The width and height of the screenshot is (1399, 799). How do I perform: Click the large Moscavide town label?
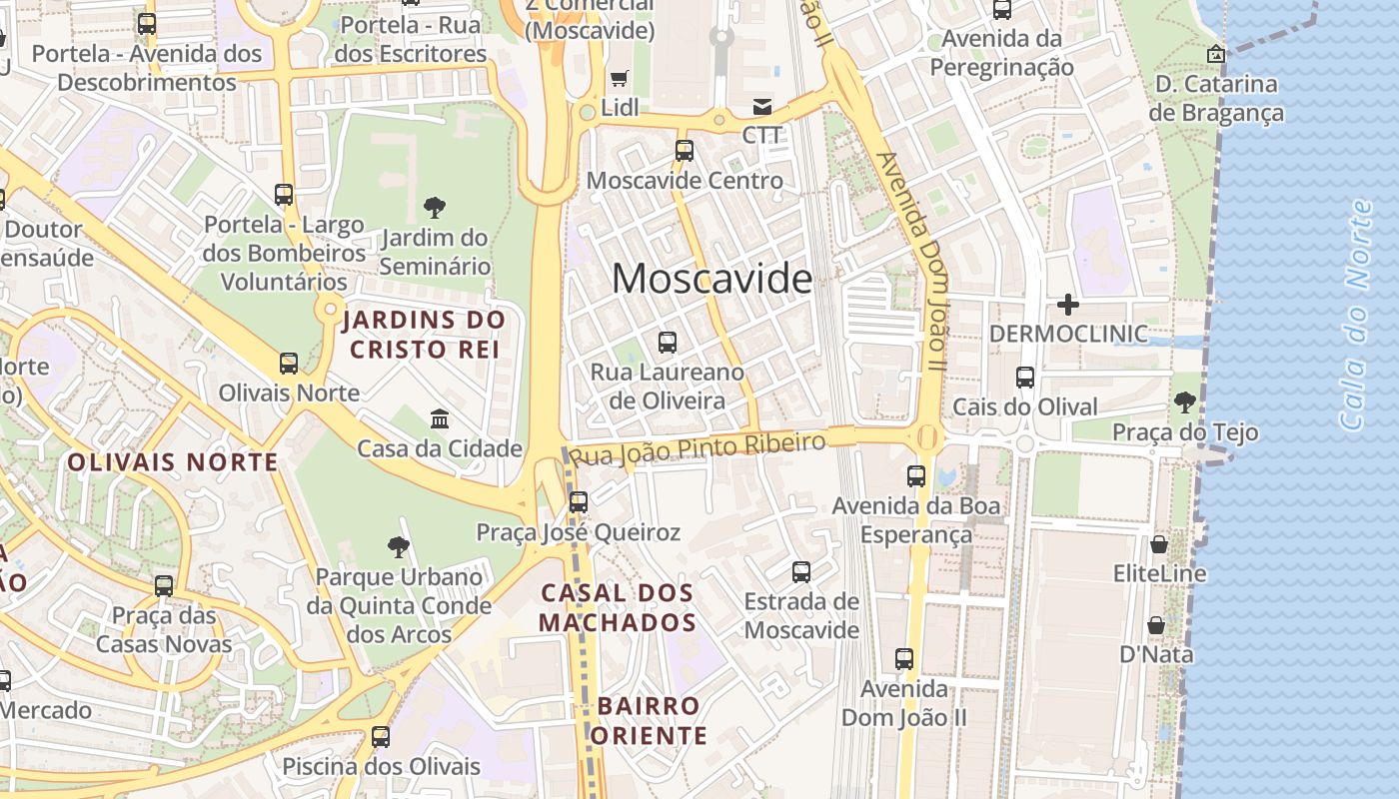[711, 279]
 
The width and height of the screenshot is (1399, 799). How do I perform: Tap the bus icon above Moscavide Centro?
[685, 151]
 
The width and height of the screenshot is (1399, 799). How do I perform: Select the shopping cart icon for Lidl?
[620, 78]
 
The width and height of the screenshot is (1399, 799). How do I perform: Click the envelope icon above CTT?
[762, 107]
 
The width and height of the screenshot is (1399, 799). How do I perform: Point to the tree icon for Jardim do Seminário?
[434, 208]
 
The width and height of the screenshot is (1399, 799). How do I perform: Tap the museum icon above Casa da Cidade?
[440, 418]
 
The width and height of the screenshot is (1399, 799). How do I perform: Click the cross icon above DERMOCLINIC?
[1068, 304]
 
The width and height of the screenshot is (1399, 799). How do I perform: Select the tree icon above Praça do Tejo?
[1185, 402]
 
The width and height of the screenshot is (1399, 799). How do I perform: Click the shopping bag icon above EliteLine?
[1159, 544]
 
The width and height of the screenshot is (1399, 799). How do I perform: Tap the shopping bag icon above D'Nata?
[1156, 625]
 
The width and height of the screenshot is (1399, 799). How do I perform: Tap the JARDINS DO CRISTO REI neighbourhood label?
[424, 335]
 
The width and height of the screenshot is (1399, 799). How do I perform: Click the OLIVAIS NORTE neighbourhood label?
[173, 462]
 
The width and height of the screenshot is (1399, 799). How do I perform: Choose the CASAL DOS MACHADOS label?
[618, 607]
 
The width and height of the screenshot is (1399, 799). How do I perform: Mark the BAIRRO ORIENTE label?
[649, 721]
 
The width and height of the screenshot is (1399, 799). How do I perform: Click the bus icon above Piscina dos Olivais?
[381, 737]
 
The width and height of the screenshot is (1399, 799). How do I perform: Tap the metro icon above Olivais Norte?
[289, 363]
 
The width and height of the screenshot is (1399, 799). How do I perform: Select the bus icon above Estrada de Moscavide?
[801, 572]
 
